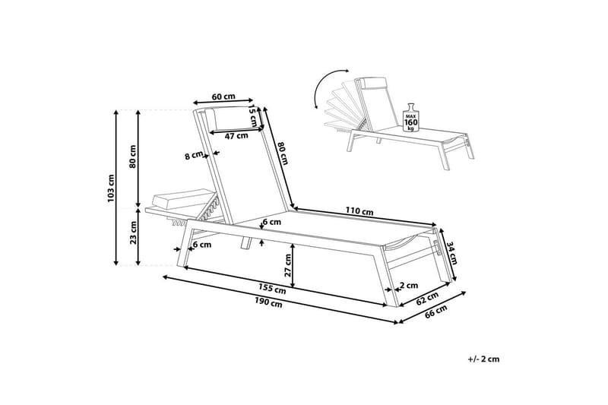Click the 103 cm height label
point(111,188)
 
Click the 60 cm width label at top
point(223,97)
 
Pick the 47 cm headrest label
point(237,136)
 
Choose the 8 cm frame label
point(194,156)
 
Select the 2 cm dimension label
point(408,287)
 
